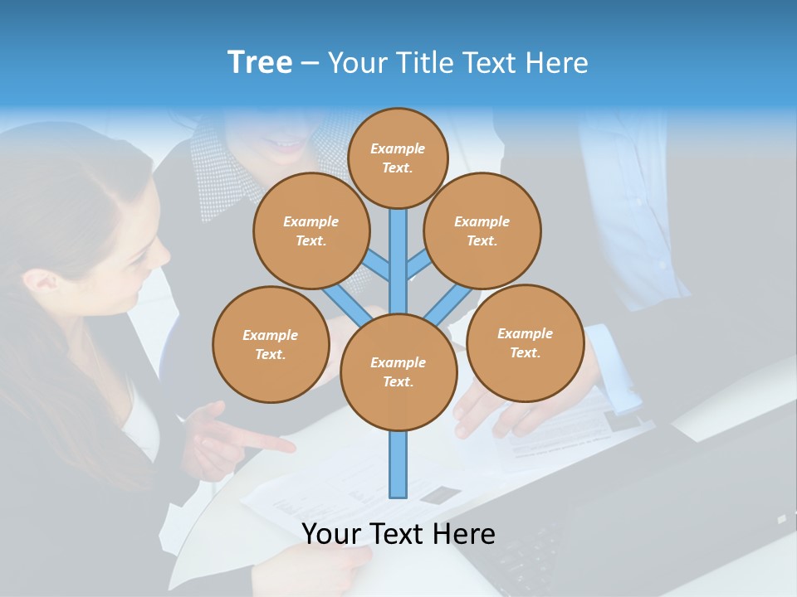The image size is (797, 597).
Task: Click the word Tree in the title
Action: click(x=260, y=62)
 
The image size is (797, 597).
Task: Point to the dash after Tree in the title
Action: click(x=310, y=64)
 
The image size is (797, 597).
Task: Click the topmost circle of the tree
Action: click(x=398, y=158)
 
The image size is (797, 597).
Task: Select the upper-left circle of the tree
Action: click(x=310, y=231)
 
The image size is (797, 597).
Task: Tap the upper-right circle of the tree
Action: click(x=482, y=231)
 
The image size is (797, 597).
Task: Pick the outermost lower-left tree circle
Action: click(x=271, y=344)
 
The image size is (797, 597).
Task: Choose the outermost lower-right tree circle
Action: click(x=525, y=342)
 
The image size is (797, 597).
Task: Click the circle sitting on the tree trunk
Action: click(x=398, y=371)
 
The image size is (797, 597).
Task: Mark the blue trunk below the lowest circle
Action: click(x=398, y=464)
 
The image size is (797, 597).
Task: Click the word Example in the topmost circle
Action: click(x=398, y=148)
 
